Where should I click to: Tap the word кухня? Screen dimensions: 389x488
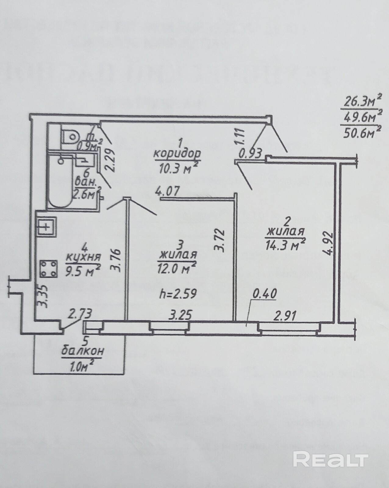(x=83, y=257)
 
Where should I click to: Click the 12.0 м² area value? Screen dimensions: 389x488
(x=177, y=268)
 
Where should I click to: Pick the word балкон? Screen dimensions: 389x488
(x=83, y=351)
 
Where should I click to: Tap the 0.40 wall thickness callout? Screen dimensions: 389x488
(x=265, y=294)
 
